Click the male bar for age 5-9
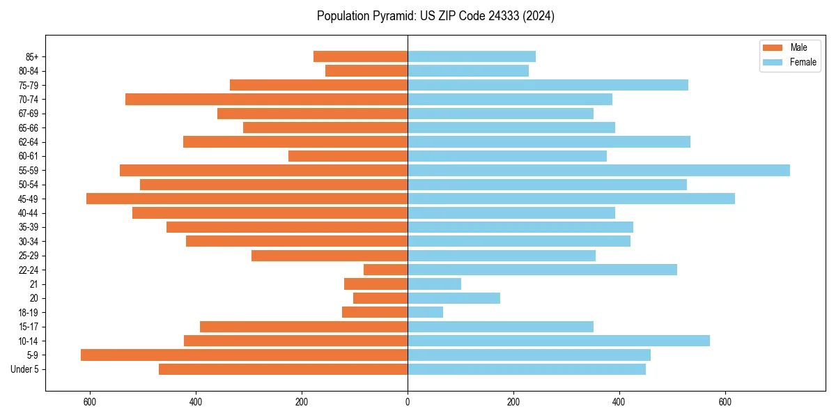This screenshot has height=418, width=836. pos(244,355)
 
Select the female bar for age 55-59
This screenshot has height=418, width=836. pos(598,171)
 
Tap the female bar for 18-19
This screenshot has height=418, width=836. pos(425,313)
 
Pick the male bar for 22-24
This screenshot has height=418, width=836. pos(385,270)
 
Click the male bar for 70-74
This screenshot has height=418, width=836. pos(266,100)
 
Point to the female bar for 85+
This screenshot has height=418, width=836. pos(471,56)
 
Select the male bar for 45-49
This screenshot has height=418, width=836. pos(247,199)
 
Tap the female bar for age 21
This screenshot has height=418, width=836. pos(434,284)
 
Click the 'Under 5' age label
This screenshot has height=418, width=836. pos(24,369)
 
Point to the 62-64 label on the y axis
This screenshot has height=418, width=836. pos(28,142)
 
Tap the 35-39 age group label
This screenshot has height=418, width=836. pos(28,227)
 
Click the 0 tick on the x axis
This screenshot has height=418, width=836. pos(408,402)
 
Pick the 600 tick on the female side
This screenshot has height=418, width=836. pos(725,402)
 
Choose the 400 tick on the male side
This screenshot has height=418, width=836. pos(196,402)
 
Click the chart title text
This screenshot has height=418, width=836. pos(435,16)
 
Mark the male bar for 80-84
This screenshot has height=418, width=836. pos(366,71)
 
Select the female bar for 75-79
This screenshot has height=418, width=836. pos(548,85)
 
